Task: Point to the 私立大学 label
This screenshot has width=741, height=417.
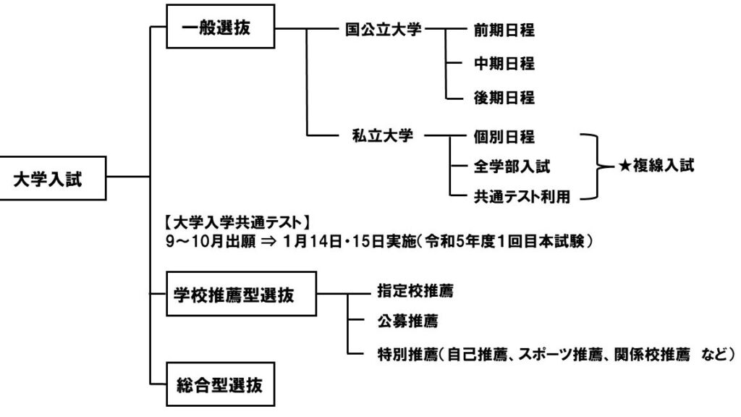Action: point(383,135)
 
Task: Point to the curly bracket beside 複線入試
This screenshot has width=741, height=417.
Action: point(597,166)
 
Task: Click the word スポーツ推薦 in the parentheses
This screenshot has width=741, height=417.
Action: point(554,355)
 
